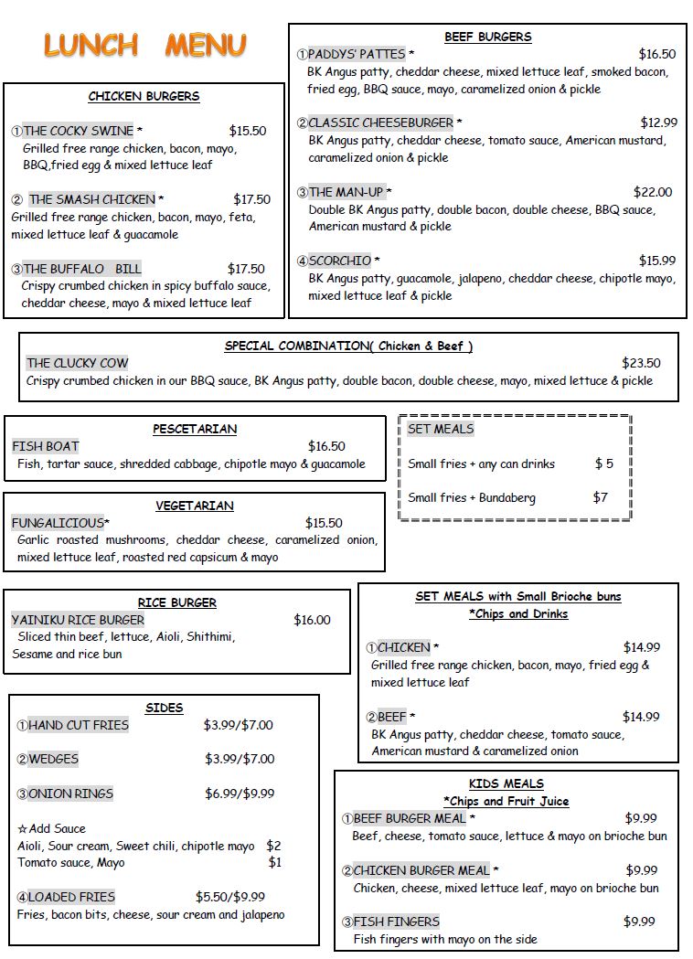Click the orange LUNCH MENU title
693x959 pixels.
[144, 45]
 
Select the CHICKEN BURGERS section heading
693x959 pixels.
[144, 96]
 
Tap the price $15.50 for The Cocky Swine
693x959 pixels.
[247, 131]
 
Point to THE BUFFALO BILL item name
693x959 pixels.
[82, 269]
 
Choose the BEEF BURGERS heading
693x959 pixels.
[487, 37]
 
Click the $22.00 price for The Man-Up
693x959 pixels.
[652, 192]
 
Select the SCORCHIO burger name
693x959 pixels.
[339, 261]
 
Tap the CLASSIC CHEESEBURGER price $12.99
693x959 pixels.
[658, 123]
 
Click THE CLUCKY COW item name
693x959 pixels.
[78, 363]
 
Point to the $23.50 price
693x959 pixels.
[641, 363]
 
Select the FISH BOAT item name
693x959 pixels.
[46, 446]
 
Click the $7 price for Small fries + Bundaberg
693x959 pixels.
[600, 498]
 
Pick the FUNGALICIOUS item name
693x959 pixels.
[58, 523]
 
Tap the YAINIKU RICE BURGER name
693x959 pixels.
[78, 620]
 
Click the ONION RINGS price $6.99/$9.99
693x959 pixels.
[239, 794]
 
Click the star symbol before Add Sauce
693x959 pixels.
[22, 828]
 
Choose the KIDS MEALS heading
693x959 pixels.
[506, 783]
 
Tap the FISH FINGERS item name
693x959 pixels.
[396, 922]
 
